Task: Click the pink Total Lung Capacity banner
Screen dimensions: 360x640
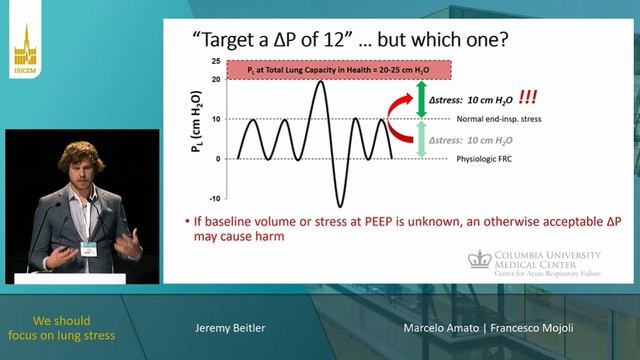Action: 340,71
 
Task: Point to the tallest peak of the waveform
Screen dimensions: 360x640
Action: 319,81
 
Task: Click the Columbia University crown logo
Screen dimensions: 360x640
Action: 480,259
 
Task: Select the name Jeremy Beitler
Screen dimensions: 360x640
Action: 230,327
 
